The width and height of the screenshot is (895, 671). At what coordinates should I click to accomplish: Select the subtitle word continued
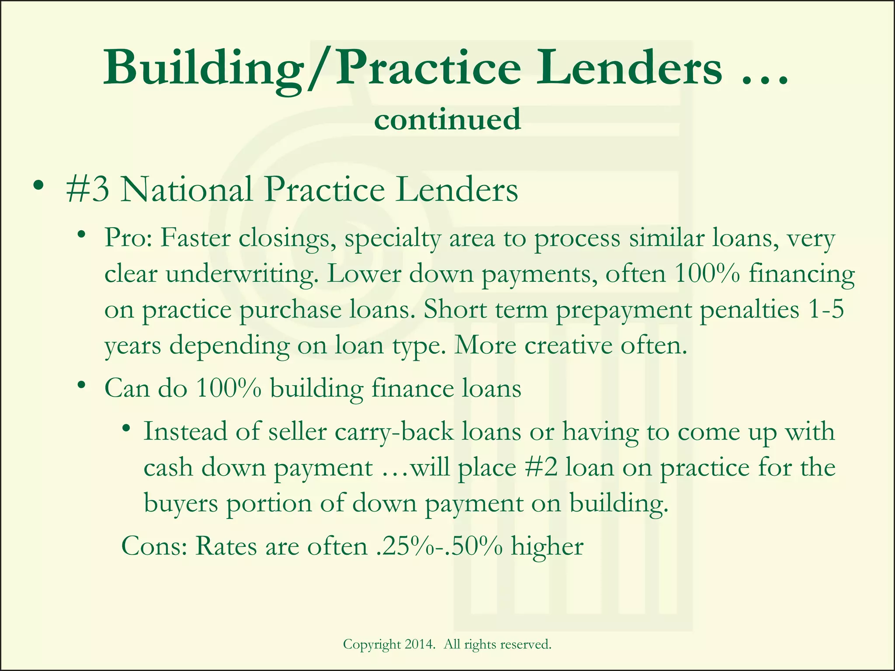[x=447, y=119]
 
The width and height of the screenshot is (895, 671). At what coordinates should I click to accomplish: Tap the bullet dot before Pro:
[x=81, y=235]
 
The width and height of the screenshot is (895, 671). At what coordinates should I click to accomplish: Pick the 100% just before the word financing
[x=707, y=274]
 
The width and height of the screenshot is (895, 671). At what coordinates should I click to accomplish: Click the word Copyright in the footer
[x=372, y=645]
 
